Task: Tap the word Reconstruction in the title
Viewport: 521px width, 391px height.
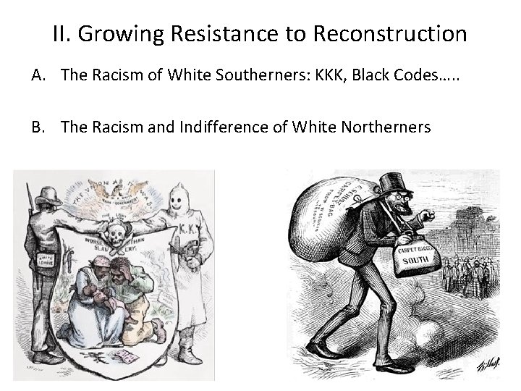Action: [389, 33]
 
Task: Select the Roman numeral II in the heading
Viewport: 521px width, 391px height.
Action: [61, 33]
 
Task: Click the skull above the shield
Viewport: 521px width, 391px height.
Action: [115, 232]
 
